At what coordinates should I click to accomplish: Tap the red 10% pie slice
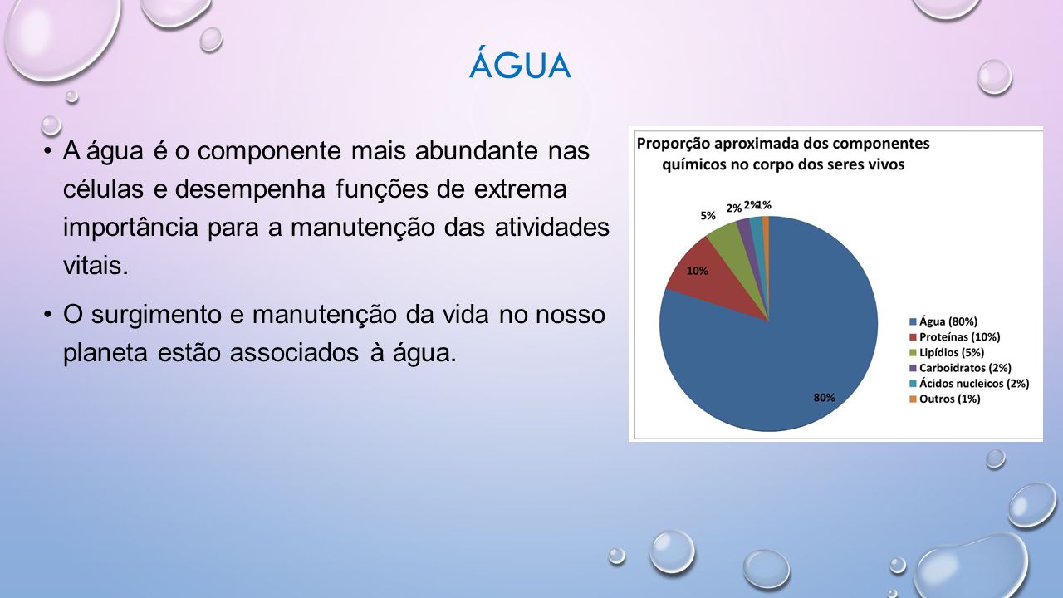pyautogui.click(x=712, y=280)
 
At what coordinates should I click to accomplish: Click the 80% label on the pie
pyautogui.click(x=825, y=398)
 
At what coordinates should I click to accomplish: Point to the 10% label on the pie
pyautogui.click(x=697, y=271)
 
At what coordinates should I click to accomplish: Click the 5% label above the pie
pyautogui.click(x=708, y=216)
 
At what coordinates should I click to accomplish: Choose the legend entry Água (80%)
pyautogui.click(x=943, y=321)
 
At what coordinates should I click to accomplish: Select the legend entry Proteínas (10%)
pyautogui.click(x=955, y=337)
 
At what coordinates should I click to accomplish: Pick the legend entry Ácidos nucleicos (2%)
pyautogui.click(x=969, y=383)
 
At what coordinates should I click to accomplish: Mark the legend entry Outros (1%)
pyautogui.click(x=945, y=399)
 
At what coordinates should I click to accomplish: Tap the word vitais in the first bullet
pyautogui.click(x=96, y=265)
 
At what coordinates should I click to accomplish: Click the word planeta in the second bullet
pyautogui.click(x=105, y=354)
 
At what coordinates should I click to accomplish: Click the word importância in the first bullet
pyautogui.click(x=130, y=228)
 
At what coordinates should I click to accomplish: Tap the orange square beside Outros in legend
pyautogui.click(x=913, y=399)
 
